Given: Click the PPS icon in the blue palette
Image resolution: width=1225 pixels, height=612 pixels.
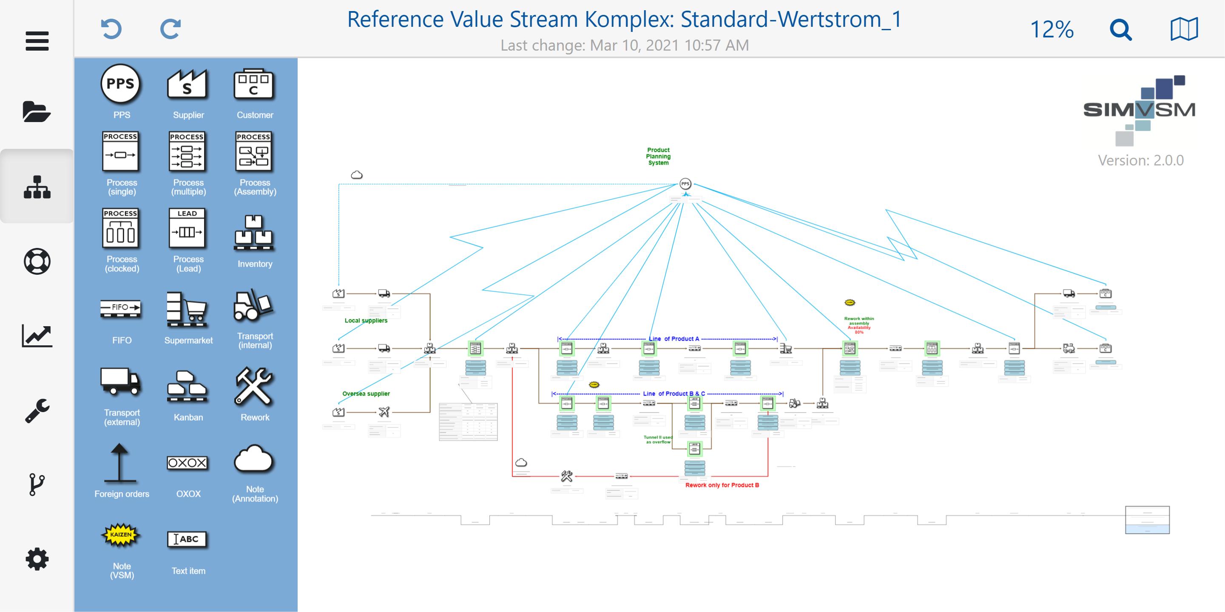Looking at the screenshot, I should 121,85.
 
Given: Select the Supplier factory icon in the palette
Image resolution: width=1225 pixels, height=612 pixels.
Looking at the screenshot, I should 188,85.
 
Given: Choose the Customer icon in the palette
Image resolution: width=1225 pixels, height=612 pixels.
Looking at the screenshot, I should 254,85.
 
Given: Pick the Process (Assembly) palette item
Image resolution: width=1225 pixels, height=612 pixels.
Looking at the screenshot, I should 254,152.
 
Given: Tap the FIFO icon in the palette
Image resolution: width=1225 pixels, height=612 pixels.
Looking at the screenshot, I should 121,307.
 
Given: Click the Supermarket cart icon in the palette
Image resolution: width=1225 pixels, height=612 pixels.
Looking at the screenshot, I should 188,310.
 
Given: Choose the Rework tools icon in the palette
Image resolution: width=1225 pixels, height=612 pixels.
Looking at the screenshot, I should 254,386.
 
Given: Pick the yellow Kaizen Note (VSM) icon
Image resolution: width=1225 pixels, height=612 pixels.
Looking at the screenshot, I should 121,535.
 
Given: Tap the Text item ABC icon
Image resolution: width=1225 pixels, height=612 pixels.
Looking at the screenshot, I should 188,539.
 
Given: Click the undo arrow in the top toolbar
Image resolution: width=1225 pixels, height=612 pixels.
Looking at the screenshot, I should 111,29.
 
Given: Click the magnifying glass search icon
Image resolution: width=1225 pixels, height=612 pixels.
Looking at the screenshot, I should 1120,30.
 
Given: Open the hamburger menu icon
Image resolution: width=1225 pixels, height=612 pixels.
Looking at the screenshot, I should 37,41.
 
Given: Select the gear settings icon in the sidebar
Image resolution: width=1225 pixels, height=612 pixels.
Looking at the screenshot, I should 37,559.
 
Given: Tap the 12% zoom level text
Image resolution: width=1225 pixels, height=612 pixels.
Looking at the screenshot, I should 1052,30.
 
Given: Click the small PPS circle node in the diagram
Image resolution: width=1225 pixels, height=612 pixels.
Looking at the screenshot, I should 685,184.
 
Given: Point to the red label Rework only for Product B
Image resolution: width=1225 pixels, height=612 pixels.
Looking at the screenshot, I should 722,485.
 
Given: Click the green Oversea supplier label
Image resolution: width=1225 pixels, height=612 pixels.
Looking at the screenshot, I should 366,394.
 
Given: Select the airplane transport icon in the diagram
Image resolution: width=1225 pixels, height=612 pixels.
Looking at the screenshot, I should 384,412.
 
